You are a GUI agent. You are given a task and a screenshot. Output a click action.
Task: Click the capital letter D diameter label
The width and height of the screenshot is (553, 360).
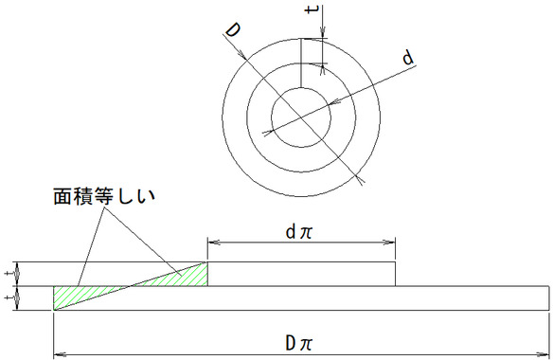pos(233,30)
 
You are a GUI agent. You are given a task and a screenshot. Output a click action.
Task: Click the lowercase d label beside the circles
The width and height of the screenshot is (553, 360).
pos(408,58)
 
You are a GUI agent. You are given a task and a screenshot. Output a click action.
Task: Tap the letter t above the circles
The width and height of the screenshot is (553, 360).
pos(312,9)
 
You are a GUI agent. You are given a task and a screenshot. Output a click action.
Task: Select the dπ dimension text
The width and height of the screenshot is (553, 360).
pos(298,232)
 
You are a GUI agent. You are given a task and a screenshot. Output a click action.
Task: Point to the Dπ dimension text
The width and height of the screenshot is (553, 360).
pos(298,342)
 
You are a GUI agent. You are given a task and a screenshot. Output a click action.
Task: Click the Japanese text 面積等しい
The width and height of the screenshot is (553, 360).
pos(104,196)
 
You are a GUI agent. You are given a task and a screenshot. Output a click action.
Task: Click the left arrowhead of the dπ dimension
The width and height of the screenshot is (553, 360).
pos(214,243)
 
